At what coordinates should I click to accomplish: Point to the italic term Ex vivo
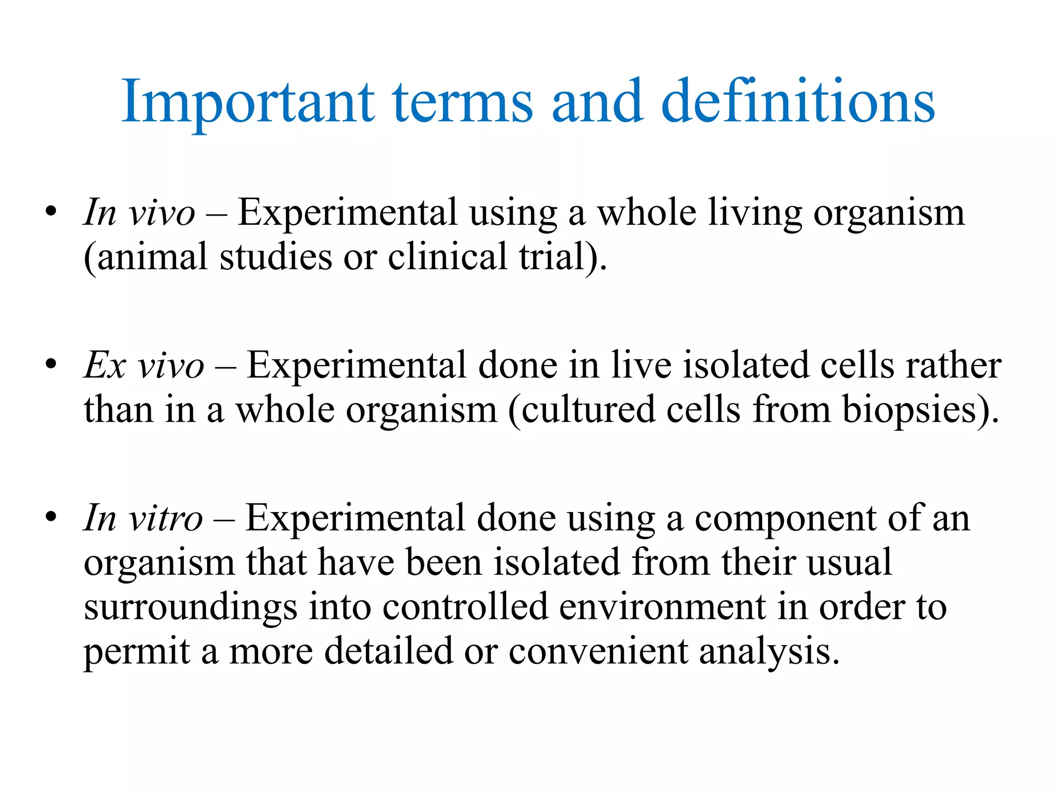pyautogui.click(x=144, y=366)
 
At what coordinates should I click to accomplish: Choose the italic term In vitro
pyautogui.click(x=143, y=518)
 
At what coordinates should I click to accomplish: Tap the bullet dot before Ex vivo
pyautogui.click(x=50, y=364)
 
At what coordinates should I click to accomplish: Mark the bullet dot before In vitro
pyautogui.click(x=50, y=517)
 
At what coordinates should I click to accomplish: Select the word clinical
pyautogui.click(x=447, y=257)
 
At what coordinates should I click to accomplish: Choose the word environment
pyautogui.click(x=662, y=607)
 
